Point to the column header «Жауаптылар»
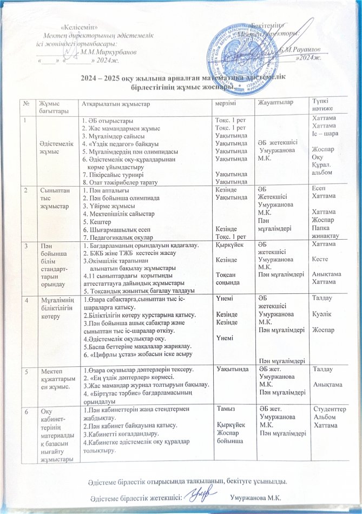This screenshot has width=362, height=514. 273,103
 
